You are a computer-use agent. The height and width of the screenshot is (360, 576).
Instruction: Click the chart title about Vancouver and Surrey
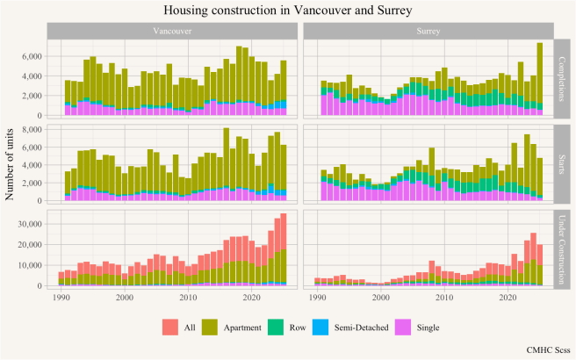click(x=288, y=10)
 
